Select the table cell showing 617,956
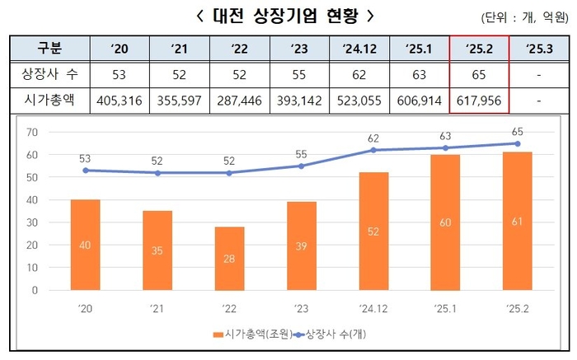[478, 101]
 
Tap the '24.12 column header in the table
[359, 48]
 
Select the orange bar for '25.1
[445, 222]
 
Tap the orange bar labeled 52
[373, 231]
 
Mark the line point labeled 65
[517, 143]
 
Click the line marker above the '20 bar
[86, 171]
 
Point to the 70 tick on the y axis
[32, 133]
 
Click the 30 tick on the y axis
[32, 222]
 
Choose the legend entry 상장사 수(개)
[334, 334]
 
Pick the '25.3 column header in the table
[538, 48]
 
